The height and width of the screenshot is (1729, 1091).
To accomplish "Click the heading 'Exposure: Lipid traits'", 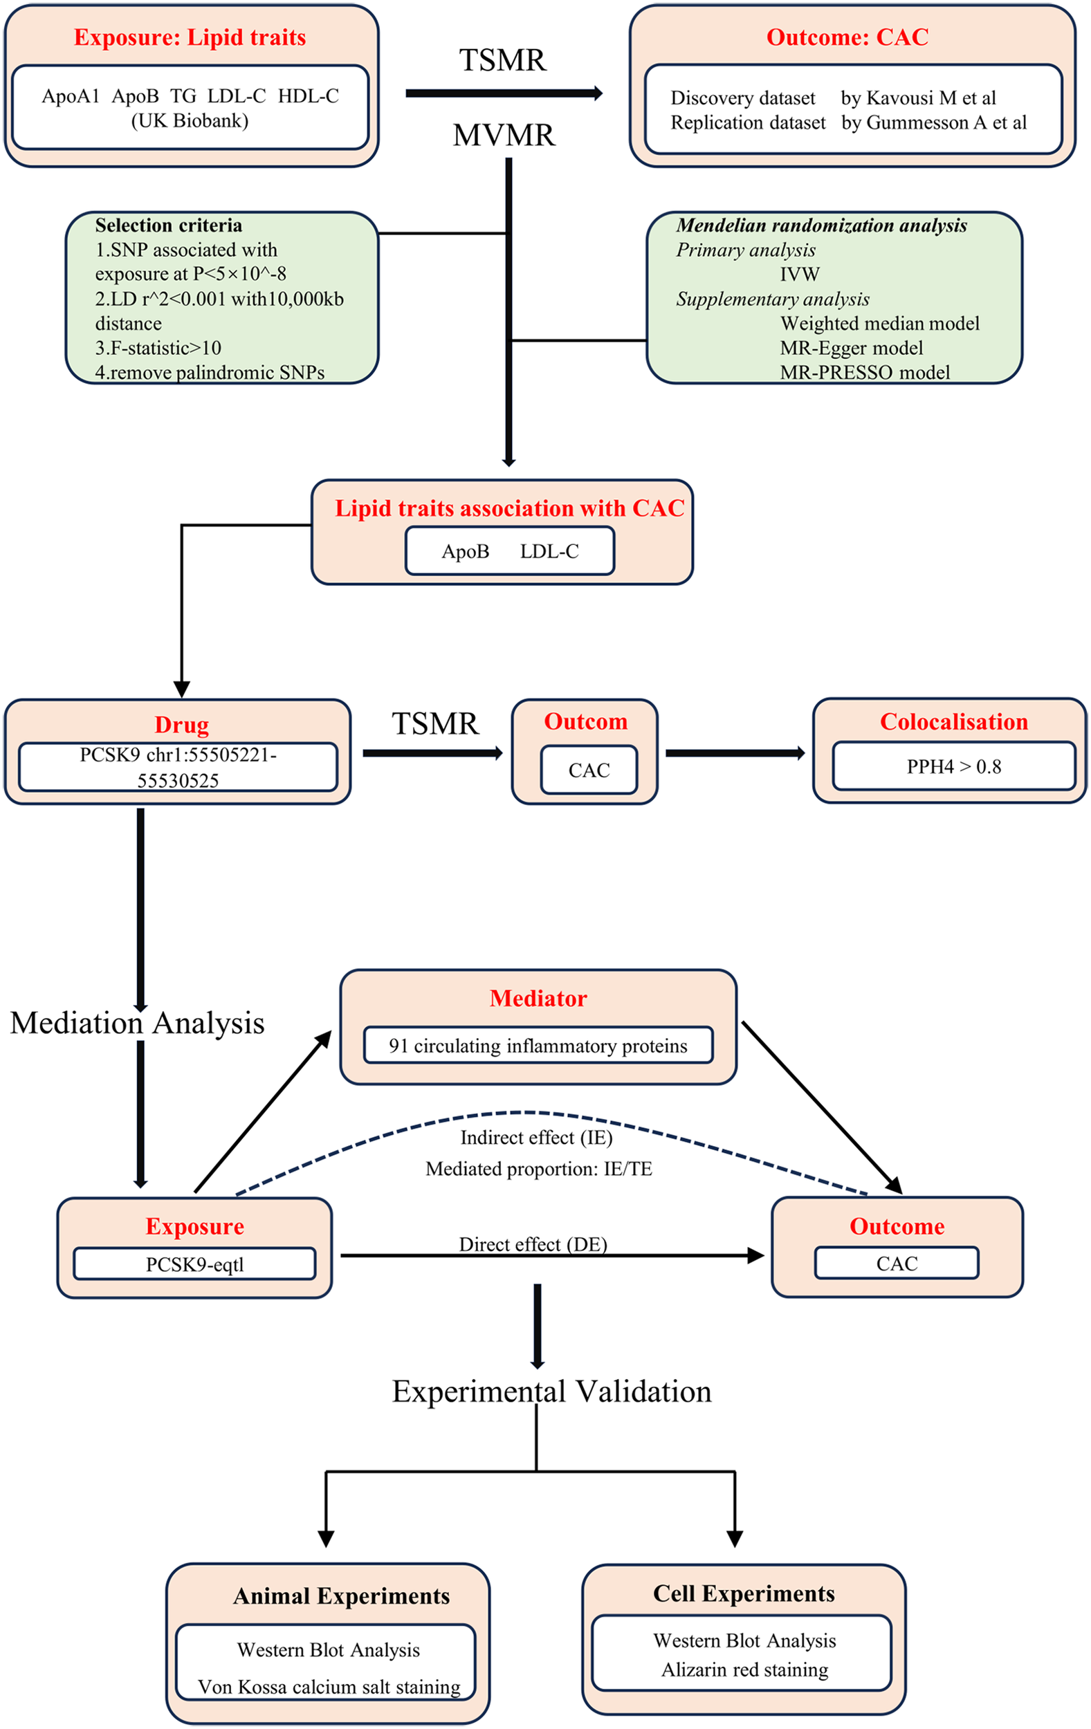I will click(x=190, y=37).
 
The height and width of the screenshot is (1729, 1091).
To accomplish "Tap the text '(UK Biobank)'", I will click(x=190, y=120).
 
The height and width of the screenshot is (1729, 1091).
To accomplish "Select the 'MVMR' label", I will click(x=504, y=135).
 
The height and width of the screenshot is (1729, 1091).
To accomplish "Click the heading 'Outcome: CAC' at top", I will click(x=847, y=37).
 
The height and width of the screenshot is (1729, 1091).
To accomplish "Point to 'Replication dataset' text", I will click(x=748, y=123).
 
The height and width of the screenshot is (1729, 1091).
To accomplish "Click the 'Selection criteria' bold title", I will click(x=168, y=225).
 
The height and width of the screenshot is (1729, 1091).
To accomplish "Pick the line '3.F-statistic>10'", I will click(x=158, y=349).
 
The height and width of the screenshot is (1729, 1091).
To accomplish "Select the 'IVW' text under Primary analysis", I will click(x=799, y=275).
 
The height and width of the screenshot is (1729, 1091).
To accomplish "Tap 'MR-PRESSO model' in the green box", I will click(x=865, y=373).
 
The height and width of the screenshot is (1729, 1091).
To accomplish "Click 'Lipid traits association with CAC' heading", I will click(x=509, y=508).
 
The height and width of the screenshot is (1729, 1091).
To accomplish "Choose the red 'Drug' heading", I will click(x=182, y=725).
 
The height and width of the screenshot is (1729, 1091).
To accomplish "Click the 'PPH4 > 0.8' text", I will click(x=953, y=767).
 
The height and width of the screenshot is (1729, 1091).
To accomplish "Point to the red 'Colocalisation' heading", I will click(x=953, y=721).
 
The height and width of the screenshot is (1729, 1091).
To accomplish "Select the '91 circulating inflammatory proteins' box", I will click(x=538, y=1046).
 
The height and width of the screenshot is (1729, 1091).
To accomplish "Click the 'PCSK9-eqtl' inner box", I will click(x=194, y=1264).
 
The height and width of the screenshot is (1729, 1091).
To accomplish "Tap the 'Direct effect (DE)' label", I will click(x=533, y=1244).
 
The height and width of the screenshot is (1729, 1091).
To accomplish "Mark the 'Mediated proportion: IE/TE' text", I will click(x=539, y=1169).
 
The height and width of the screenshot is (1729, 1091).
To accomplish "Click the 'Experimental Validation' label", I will click(x=551, y=1391).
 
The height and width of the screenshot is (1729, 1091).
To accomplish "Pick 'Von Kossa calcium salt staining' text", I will click(x=329, y=1687).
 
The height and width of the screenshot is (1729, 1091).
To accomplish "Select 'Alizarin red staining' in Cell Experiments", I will click(x=744, y=1670).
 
